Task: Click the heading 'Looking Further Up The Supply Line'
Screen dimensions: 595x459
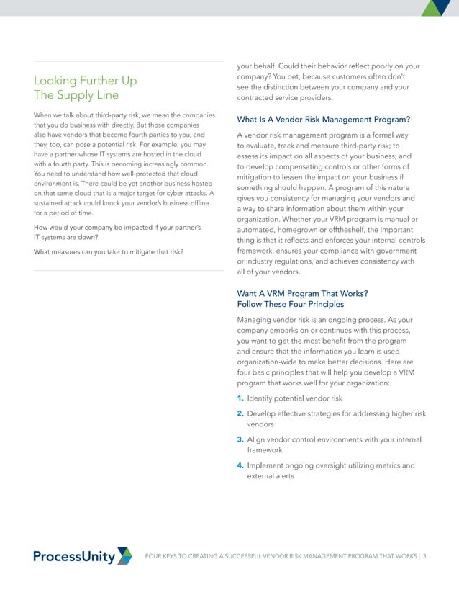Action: (85, 87)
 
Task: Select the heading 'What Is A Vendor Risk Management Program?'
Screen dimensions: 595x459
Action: (323, 119)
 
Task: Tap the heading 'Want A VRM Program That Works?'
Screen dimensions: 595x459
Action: (302, 293)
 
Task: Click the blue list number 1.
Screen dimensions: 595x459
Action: (240, 398)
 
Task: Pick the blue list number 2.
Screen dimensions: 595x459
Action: (240, 413)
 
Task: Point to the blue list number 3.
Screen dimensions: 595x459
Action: (240, 439)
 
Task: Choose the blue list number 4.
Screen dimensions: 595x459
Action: (240, 465)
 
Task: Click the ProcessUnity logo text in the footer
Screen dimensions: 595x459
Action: (73, 557)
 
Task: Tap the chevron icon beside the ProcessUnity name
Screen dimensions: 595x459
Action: (124, 556)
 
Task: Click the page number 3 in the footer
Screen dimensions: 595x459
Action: (424, 557)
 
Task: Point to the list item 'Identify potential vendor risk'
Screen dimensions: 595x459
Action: (294, 398)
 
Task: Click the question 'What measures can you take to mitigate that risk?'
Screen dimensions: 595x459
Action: (108, 251)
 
